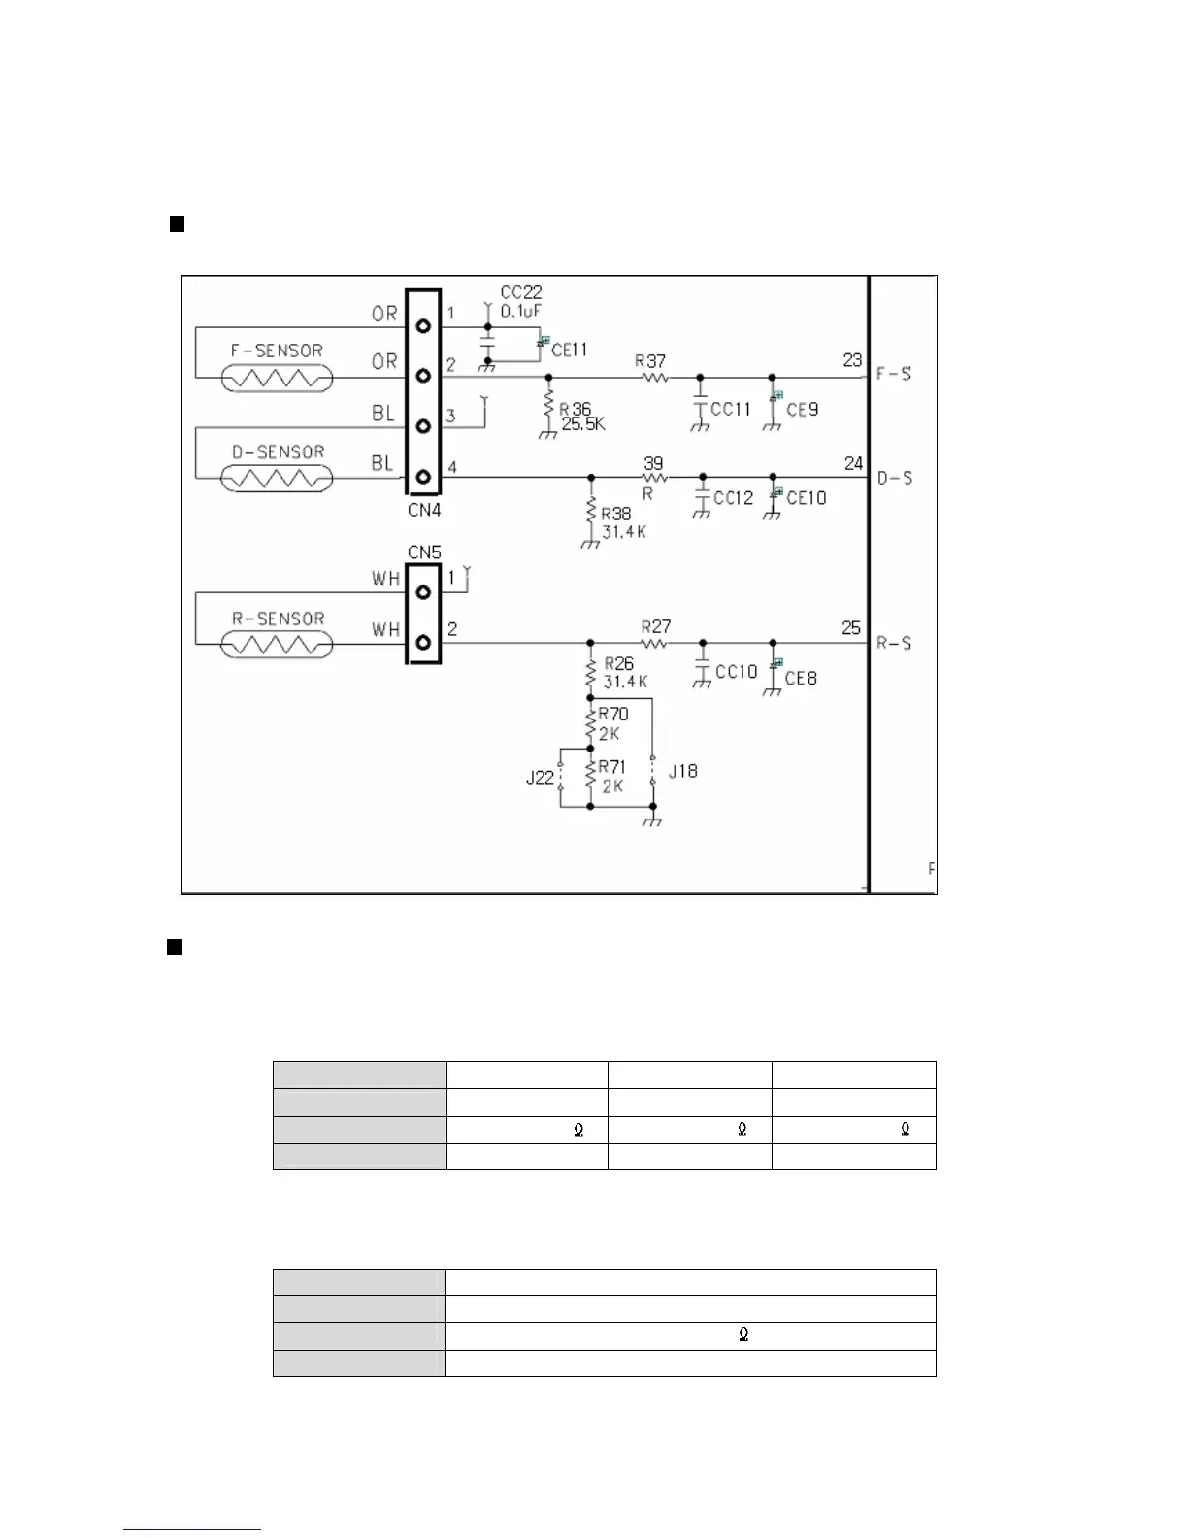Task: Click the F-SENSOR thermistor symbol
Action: (x=278, y=377)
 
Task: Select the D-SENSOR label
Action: (x=278, y=452)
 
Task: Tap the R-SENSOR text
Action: (x=278, y=619)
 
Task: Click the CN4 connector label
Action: (x=424, y=510)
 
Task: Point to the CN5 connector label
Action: (x=424, y=552)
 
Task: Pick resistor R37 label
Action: (x=650, y=361)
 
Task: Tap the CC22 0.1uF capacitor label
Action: (x=521, y=301)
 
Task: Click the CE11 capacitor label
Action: (x=569, y=350)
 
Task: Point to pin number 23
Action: (x=852, y=360)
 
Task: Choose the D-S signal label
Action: (x=894, y=478)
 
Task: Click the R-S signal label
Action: (x=894, y=643)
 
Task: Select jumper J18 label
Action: (x=682, y=771)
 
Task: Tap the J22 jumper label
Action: (x=540, y=777)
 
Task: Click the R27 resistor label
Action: (x=656, y=627)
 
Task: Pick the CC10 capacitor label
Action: (x=736, y=672)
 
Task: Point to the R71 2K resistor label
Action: (x=612, y=777)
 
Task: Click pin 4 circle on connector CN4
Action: (x=423, y=477)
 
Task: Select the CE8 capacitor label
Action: (x=801, y=678)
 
